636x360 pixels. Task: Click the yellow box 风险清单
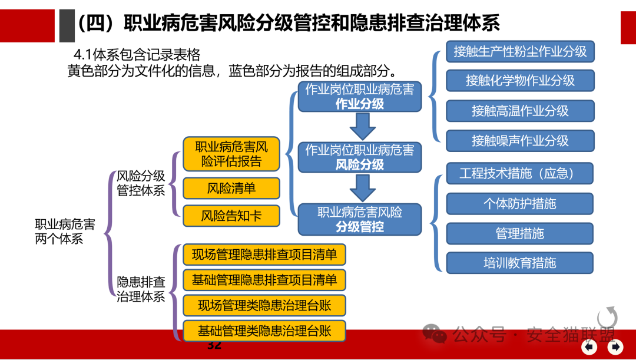[231, 188]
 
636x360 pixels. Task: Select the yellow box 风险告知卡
[231, 216]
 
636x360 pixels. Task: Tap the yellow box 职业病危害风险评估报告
[231, 153]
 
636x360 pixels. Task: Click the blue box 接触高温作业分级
[520, 111]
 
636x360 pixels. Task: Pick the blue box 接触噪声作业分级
[520, 141]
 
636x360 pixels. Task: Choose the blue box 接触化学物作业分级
[520, 80]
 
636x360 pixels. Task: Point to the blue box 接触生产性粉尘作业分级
[520, 51]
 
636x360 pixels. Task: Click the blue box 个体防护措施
[519, 204]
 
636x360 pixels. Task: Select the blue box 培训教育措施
[519, 263]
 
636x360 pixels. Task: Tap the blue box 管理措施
[519, 233]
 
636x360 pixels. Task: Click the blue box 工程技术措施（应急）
[519, 173]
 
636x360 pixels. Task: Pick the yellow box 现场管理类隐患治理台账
[264, 305]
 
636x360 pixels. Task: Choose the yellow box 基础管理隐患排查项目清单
[264, 280]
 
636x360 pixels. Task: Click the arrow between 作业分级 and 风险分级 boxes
[362, 126]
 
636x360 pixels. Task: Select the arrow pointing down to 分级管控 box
[362, 187]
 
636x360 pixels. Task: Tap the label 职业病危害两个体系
[65, 231]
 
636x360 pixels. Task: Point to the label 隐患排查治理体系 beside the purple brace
[141, 289]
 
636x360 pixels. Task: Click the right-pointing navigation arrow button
[615, 346]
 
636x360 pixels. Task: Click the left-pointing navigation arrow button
[591, 346]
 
